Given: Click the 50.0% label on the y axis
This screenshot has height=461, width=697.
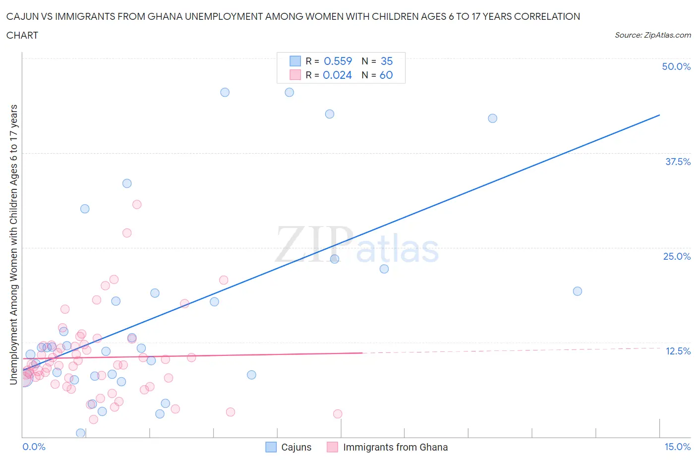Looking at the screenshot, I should click(x=676, y=66).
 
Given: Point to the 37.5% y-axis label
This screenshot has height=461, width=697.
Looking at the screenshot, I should click(x=678, y=162).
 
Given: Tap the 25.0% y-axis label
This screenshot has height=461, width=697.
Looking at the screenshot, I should click(x=677, y=256).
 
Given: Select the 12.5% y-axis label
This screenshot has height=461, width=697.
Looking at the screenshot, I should click(x=678, y=351).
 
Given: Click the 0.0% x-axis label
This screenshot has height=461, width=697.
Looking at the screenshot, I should click(x=34, y=447).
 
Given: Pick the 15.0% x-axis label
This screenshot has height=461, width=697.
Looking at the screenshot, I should click(x=677, y=447).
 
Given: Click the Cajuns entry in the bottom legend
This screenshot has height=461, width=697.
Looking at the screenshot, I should click(x=296, y=447).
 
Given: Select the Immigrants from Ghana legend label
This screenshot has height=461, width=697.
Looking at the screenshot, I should click(x=395, y=447).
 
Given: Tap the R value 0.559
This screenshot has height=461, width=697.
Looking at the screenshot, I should click(x=338, y=61).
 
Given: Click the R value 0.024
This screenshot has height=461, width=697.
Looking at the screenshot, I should click(x=337, y=75).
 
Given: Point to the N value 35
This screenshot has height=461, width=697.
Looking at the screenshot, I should click(x=387, y=61).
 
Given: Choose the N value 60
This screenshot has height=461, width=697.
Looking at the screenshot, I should click(x=386, y=75).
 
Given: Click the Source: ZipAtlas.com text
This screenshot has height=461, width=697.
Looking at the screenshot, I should click(x=652, y=35).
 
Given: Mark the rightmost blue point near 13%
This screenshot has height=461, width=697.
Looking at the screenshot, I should click(x=577, y=291).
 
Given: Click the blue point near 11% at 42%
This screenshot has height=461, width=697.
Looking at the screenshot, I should click(x=492, y=118).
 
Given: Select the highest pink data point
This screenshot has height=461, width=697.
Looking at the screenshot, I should click(x=137, y=204).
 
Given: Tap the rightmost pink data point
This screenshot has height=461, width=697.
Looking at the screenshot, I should click(x=338, y=414).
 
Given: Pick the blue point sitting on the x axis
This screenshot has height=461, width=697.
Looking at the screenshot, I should click(x=80, y=433).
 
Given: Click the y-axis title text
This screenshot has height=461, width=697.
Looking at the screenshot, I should click(x=14, y=244).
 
